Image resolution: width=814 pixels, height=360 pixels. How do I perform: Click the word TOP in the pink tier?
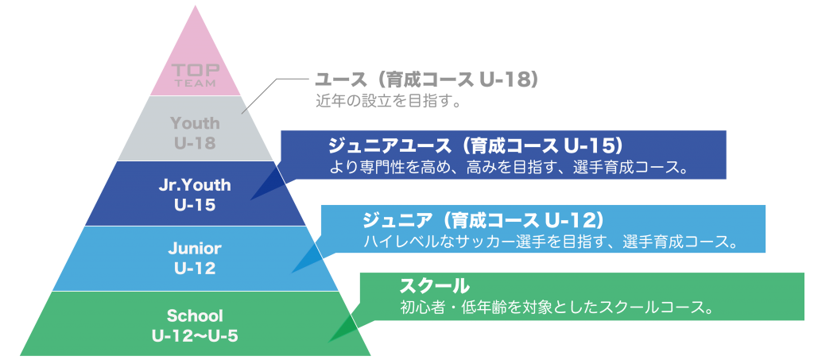[x=196, y=71]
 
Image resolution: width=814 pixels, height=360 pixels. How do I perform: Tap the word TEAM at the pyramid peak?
[x=196, y=83]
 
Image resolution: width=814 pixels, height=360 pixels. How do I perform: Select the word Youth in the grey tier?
[x=196, y=123]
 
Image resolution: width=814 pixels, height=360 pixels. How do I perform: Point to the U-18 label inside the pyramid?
[x=196, y=143]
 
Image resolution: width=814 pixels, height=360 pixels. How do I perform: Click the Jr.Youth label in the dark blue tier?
[x=196, y=185]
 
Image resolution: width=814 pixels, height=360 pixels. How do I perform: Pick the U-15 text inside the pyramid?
[x=196, y=205]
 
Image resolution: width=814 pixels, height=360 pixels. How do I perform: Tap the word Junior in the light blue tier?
[x=195, y=249]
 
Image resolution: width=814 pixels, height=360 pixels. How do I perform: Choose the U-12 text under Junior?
[x=196, y=269]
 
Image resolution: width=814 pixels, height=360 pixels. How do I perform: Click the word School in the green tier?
[x=195, y=315]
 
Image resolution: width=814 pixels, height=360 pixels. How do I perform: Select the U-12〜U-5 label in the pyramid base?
[x=196, y=336]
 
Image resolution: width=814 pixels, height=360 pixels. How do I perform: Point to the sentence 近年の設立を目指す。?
[x=388, y=100]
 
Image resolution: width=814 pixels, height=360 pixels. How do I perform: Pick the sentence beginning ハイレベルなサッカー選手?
[x=551, y=242]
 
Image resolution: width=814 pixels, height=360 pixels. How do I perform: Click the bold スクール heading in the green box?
[x=434, y=286]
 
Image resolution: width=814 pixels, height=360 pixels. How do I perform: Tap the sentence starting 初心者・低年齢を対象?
[x=556, y=308]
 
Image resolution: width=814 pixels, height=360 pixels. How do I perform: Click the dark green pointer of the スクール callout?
[x=344, y=327]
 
